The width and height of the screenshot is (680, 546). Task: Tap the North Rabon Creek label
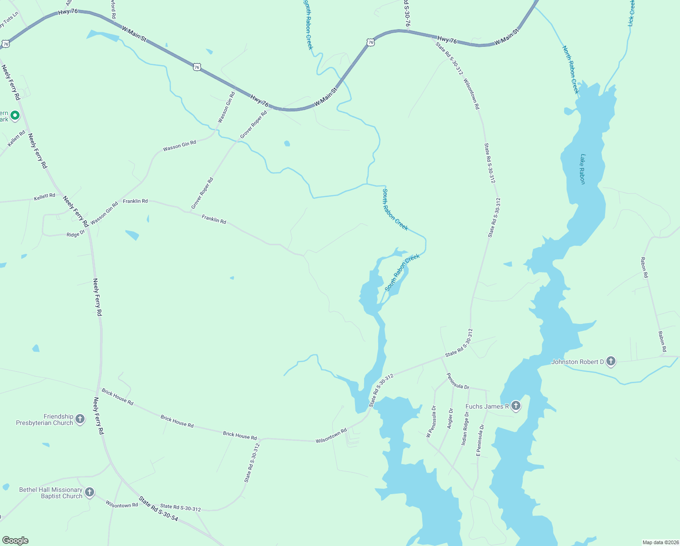coord(570,69)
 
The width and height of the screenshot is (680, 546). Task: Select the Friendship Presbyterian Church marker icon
coord(80,419)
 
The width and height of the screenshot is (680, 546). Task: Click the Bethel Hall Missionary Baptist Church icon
coord(90,492)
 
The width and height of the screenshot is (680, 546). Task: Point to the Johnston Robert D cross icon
coord(611,362)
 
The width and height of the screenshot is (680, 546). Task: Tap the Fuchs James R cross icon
coord(515,406)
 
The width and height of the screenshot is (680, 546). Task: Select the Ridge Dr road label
coord(75,234)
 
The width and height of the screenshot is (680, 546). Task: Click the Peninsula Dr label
coord(458,381)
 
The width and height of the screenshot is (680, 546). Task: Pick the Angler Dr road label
coord(450,419)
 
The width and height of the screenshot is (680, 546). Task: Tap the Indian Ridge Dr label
coord(465,428)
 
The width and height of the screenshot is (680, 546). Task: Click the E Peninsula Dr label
coord(480,440)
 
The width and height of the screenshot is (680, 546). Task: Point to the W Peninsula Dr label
coord(431,421)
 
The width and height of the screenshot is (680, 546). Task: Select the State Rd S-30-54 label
coord(159,508)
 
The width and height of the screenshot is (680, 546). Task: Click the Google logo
coord(15,541)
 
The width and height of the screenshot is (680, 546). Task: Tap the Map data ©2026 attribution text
coord(660,542)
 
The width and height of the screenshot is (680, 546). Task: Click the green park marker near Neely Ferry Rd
coord(15,116)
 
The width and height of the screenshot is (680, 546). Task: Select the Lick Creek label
coord(631,13)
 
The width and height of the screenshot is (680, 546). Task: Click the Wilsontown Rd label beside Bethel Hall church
coord(122,505)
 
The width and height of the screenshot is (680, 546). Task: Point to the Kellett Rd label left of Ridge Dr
coord(45,196)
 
